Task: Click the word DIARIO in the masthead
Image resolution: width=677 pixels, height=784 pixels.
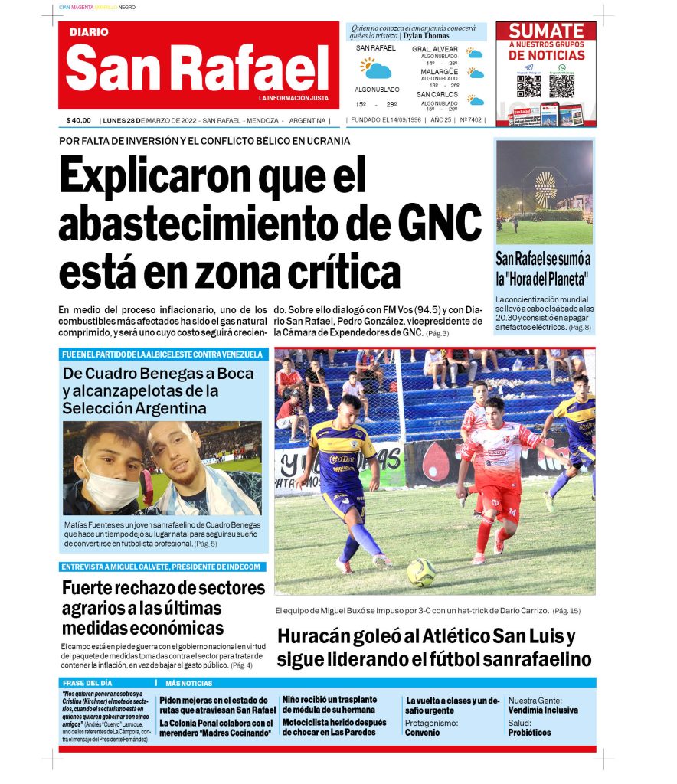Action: click(89, 32)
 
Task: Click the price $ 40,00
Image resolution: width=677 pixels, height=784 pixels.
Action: click(79, 120)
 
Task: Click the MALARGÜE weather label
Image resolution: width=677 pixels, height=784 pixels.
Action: click(439, 72)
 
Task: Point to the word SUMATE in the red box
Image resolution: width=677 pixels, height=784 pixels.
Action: click(546, 31)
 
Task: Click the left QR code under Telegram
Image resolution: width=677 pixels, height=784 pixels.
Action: click(529, 85)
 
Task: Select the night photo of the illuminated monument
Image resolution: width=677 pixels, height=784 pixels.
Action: click(544, 191)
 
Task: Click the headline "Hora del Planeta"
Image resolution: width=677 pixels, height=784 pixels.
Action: click(543, 279)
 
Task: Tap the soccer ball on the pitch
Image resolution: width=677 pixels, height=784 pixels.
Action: click(420, 572)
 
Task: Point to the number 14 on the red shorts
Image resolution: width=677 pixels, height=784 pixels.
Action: click(511, 511)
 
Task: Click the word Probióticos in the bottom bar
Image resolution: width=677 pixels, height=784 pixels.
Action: click(528, 733)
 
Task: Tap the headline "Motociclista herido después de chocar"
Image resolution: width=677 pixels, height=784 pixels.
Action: click(334, 727)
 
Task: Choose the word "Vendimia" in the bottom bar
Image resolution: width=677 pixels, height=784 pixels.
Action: click(526, 710)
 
